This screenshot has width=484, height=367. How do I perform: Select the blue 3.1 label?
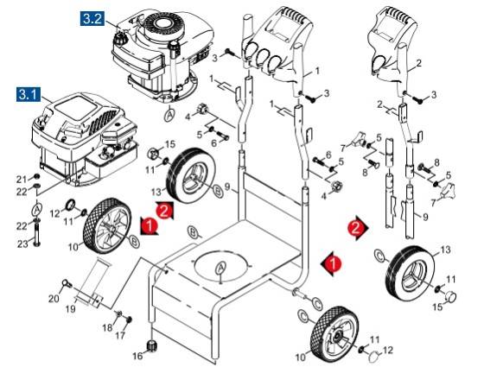coord(30,92)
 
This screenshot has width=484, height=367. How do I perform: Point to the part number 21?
coord(22,178)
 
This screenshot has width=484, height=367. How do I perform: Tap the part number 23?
coord(22,244)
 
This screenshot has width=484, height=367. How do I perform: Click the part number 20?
coord(53,299)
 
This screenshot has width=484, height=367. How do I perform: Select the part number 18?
coord(108,327)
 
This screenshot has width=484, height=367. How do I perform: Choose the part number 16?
coord(137,354)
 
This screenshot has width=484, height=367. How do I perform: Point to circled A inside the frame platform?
coord(221,266)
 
